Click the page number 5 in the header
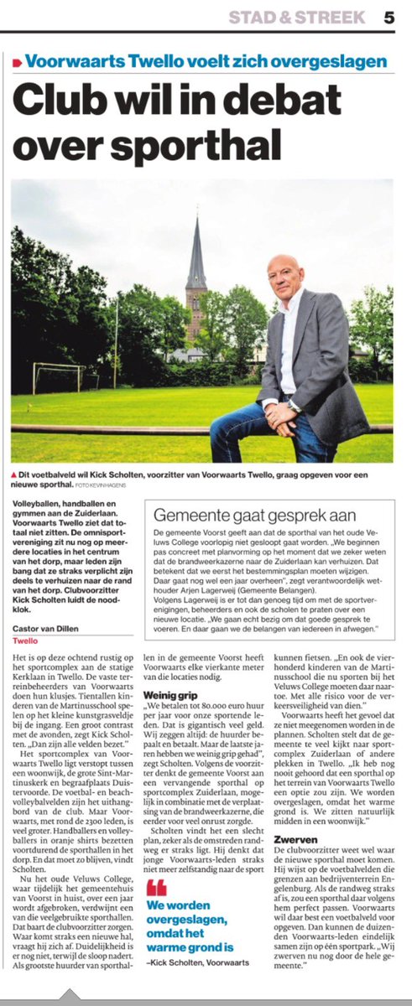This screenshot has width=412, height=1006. [389, 17]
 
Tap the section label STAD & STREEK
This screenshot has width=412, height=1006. [297, 17]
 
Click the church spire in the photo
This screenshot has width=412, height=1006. [196, 251]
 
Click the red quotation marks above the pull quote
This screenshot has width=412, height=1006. [156, 888]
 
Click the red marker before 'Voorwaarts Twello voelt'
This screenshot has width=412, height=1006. [17, 61]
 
